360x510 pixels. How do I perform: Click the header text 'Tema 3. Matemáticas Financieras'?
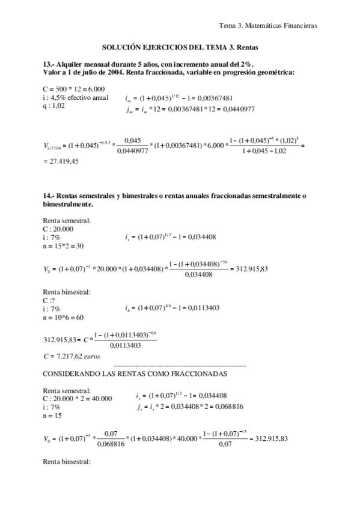point(268,26)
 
